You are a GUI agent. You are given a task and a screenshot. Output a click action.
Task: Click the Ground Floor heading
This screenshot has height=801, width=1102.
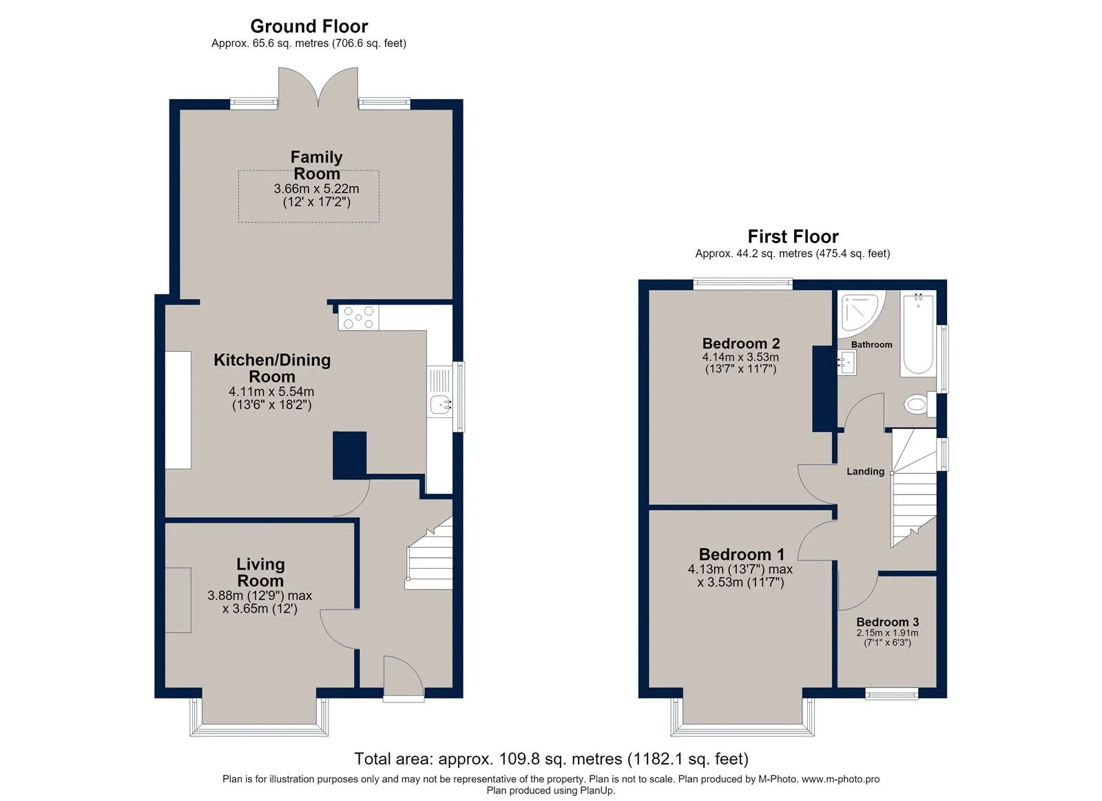pyautogui.click(x=309, y=26)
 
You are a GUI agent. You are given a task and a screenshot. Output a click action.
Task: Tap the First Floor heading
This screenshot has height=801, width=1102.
pyautogui.click(x=793, y=237)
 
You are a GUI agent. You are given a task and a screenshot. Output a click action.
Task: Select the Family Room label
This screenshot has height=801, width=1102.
pyautogui.click(x=316, y=165)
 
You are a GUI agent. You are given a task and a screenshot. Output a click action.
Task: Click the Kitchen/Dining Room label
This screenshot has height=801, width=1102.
pyautogui.click(x=272, y=368)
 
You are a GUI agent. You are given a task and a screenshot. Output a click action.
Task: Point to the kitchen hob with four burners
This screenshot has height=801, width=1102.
pyautogui.click(x=359, y=318)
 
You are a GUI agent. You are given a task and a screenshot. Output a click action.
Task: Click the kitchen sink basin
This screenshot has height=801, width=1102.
pyautogui.click(x=441, y=405)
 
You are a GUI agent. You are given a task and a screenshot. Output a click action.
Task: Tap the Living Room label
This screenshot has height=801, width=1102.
pyautogui.click(x=261, y=572)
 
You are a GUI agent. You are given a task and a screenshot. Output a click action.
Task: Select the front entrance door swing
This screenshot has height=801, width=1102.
pyautogui.click(x=404, y=676)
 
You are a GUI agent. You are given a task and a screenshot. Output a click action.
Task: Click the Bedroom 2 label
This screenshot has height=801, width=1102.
pyautogui.click(x=741, y=343)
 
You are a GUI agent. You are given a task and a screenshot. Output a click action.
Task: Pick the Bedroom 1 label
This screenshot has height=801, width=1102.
pyautogui.click(x=741, y=554)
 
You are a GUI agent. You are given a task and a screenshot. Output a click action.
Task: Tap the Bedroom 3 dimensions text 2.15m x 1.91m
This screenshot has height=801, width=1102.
pyautogui.click(x=887, y=633)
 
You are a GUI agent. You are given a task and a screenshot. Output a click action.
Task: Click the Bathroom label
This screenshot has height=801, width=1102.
pyautogui.click(x=871, y=345)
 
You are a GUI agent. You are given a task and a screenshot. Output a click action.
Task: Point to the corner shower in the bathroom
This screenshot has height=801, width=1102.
pyautogui.click(x=861, y=312)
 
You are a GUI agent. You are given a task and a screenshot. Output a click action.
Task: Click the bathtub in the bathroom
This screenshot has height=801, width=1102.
pyautogui.click(x=918, y=334)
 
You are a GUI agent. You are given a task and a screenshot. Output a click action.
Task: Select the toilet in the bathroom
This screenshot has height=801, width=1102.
pyautogui.click(x=919, y=405)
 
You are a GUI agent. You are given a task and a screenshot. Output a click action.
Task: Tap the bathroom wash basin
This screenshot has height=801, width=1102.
pyautogui.click(x=847, y=362)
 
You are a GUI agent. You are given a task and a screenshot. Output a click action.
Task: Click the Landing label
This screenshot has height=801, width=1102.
pyautogui.click(x=865, y=471)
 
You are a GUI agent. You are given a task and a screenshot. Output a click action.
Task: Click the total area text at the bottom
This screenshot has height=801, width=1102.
pyautogui.click(x=551, y=759)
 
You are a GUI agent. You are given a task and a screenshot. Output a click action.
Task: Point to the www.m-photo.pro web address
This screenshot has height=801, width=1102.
pyautogui.click(x=841, y=780)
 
